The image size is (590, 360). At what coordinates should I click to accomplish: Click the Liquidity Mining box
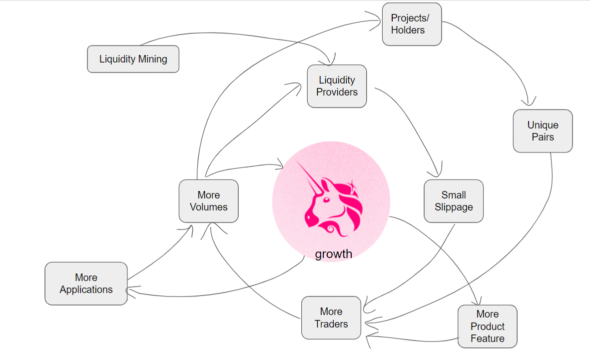133,59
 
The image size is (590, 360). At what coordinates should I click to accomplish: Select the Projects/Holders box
412,24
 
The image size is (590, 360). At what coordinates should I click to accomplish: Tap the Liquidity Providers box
337,86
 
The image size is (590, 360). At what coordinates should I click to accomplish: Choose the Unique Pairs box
543,131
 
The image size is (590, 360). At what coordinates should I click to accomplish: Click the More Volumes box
208,201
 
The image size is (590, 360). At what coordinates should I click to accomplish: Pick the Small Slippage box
454,201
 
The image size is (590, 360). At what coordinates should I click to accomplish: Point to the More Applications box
86,283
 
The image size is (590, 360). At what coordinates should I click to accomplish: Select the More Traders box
331,318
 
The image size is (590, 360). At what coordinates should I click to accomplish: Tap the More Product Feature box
487,326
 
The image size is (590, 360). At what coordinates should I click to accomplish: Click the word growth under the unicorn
333,254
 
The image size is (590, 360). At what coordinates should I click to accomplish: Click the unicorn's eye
326,199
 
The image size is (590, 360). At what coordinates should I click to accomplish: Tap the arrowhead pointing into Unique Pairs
529,101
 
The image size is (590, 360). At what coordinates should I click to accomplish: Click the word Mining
153,59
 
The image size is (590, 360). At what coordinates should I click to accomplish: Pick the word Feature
487,338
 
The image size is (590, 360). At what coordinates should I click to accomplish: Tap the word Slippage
454,207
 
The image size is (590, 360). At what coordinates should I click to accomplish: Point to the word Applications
86,289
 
